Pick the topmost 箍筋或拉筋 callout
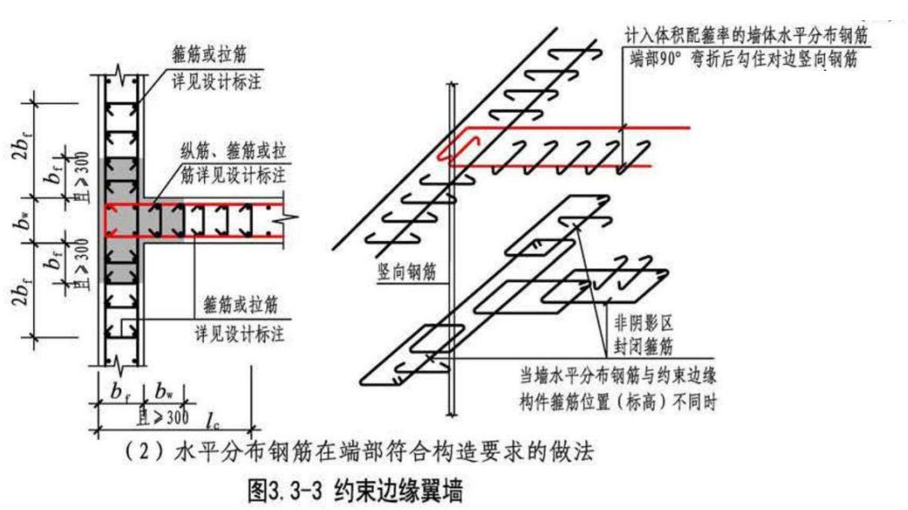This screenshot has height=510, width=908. (211, 56)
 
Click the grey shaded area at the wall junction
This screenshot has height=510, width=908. (123, 219)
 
